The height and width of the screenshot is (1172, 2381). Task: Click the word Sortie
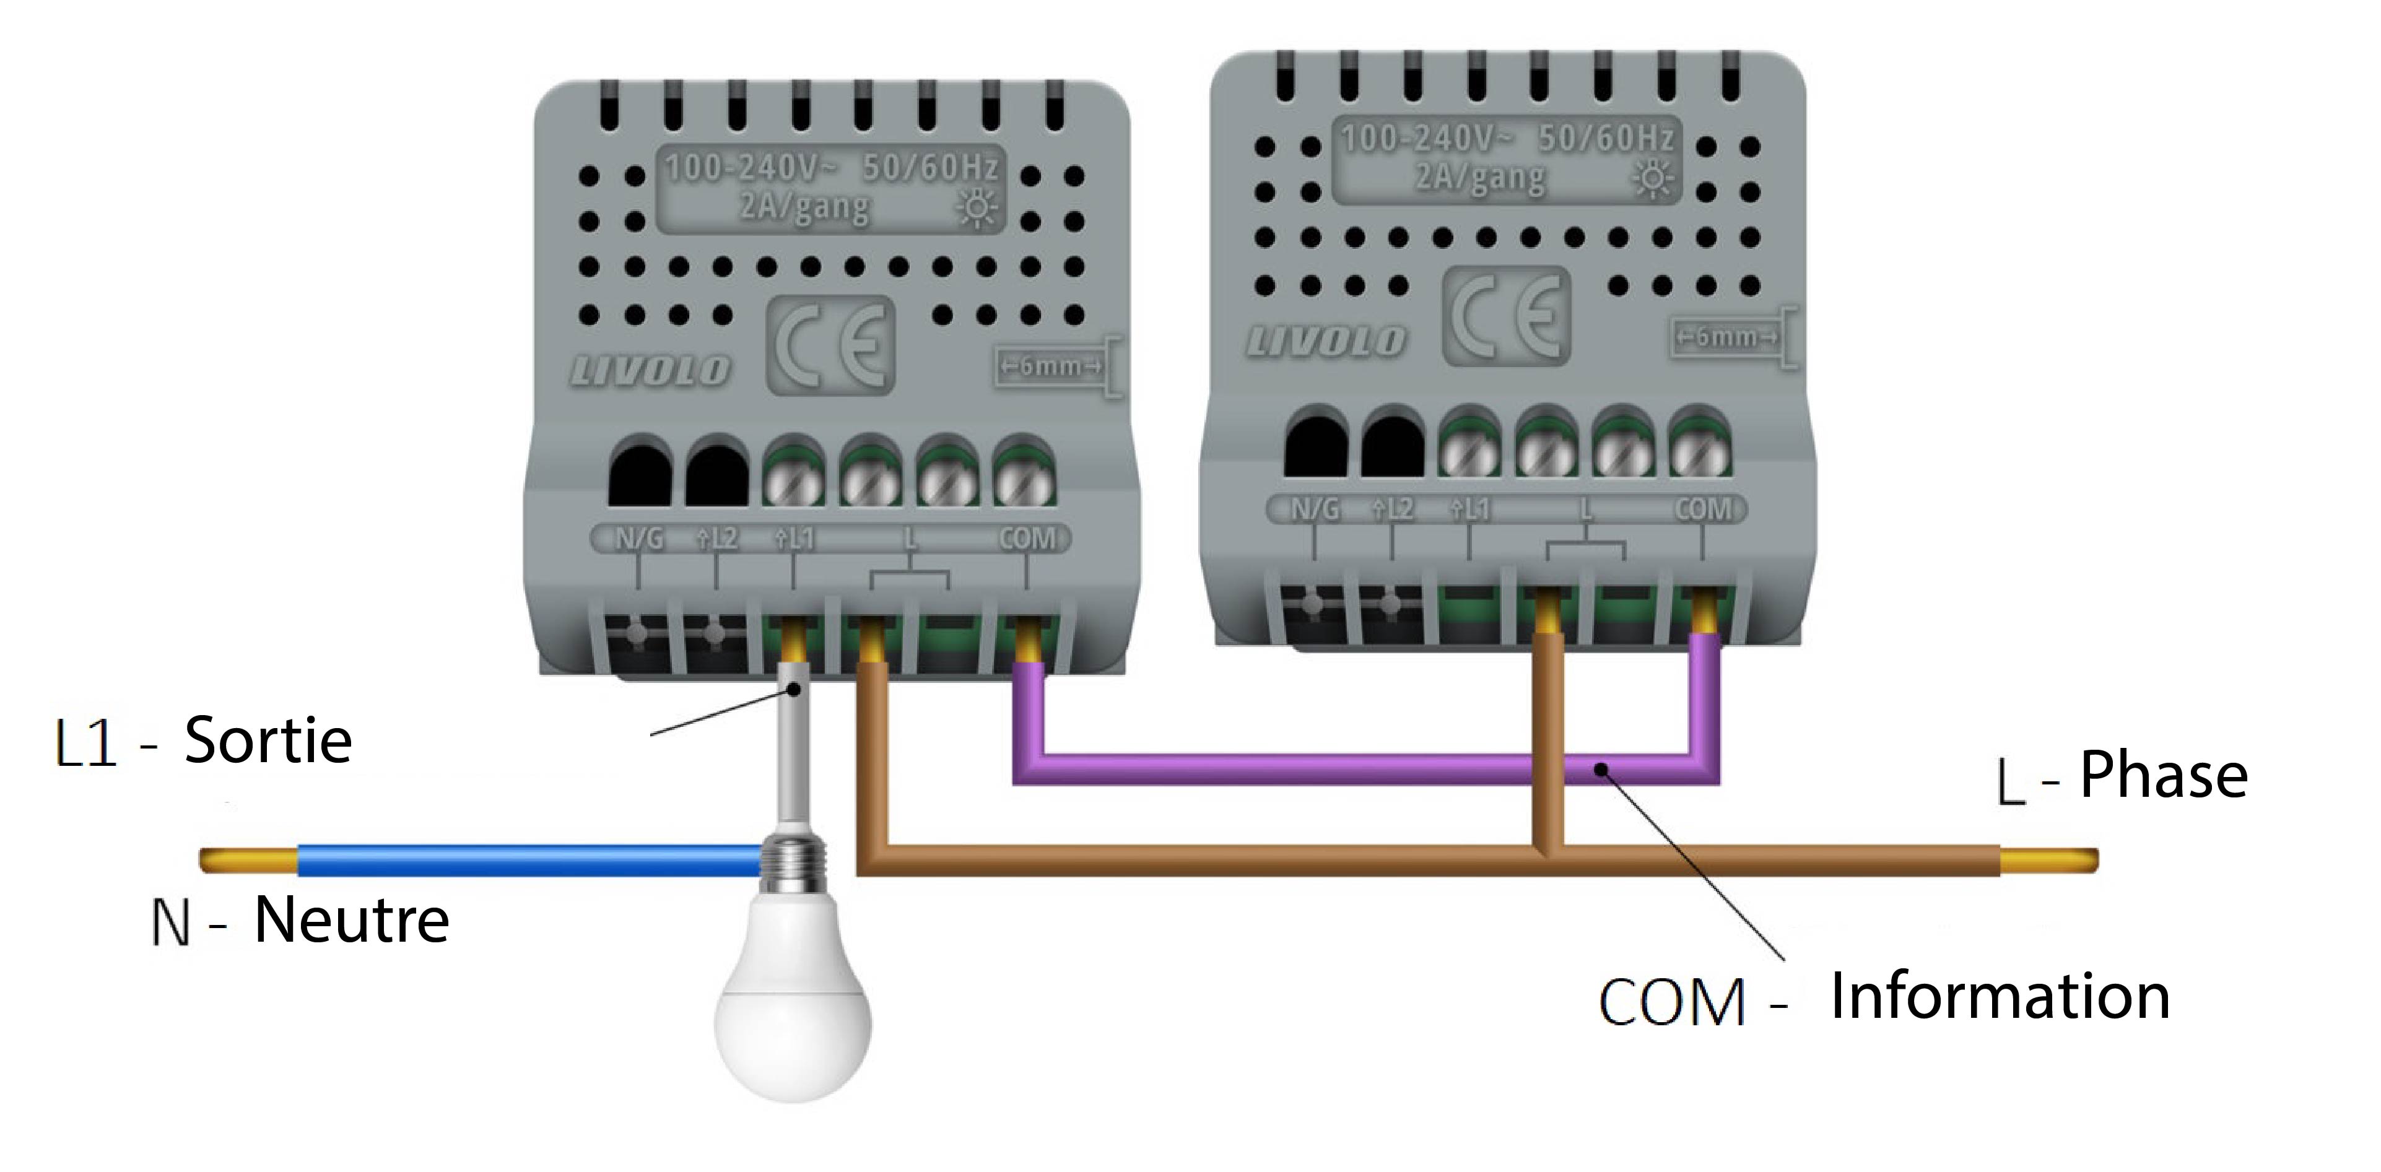pyautogui.click(x=268, y=740)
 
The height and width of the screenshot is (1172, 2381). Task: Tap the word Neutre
pyautogui.click(x=351, y=921)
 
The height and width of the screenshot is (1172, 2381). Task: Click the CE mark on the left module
pyautogui.click(x=829, y=345)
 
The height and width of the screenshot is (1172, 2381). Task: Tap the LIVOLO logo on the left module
pyautogui.click(x=650, y=371)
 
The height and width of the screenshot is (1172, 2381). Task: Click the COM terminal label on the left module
pyautogui.click(x=1027, y=539)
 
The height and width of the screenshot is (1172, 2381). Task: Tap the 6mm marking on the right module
pyautogui.click(x=1726, y=336)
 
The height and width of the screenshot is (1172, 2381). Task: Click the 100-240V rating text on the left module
pyautogui.click(x=751, y=167)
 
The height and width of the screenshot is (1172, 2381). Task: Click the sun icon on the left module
pyautogui.click(x=977, y=208)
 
